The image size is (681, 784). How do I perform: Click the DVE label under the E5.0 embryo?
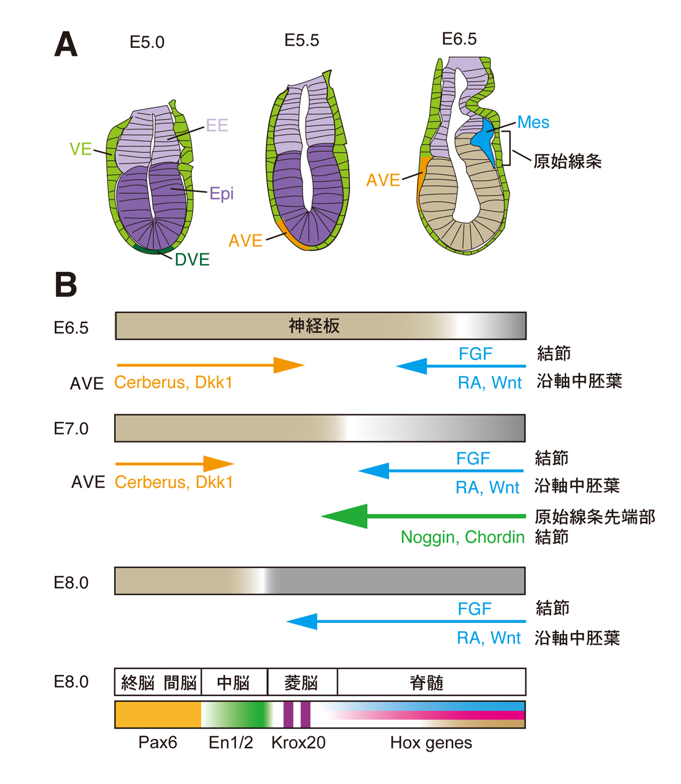192,260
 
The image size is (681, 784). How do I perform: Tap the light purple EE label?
217,125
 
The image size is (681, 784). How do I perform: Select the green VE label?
81,149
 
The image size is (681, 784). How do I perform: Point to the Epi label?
221,193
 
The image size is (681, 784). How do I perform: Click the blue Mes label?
533,122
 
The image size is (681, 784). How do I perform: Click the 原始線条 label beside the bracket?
567,161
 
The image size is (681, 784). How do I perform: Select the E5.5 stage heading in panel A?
302,40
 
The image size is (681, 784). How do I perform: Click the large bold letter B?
66,284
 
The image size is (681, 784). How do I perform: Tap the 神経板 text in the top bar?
314,326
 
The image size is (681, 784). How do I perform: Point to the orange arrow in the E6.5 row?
210,365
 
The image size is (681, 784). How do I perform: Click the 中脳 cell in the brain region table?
234,683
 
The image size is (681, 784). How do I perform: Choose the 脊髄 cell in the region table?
427,683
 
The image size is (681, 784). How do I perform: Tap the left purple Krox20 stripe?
288,714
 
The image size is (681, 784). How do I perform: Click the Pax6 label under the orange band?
157,742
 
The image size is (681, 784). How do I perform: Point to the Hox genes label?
431,742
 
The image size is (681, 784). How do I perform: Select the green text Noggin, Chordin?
462,537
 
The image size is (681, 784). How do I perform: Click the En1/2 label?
231,742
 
